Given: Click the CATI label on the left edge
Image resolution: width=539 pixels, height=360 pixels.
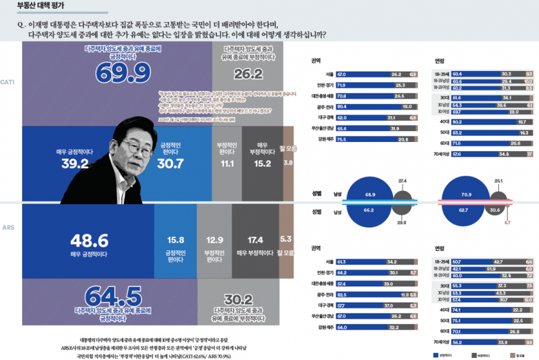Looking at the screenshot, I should click(x=8, y=83).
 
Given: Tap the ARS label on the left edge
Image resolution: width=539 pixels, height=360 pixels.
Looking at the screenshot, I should click(x=8, y=228).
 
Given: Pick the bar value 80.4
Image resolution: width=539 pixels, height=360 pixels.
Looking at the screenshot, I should click(x=341, y=106).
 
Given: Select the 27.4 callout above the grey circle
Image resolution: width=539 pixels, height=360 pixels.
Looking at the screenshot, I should click(x=402, y=181).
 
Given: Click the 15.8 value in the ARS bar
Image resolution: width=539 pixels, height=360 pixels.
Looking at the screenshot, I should click(x=175, y=240).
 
